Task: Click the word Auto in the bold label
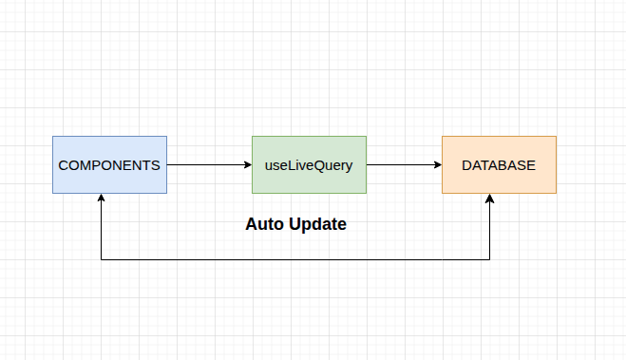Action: point(263,225)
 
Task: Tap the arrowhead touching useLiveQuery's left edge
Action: point(247,164)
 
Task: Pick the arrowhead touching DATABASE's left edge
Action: point(437,164)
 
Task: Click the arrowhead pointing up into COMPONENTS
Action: point(101,199)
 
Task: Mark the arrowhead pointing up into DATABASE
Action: point(489,199)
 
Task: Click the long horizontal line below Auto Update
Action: point(294,259)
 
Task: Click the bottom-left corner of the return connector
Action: point(101,259)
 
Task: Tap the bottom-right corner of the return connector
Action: point(489,259)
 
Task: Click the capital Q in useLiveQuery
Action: point(318,164)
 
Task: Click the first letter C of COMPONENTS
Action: point(63,164)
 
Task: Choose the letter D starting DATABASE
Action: point(466,164)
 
